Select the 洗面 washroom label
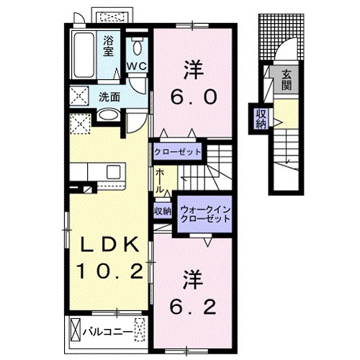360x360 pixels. (x=109, y=95)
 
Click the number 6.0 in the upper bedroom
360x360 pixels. (x=192, y=95)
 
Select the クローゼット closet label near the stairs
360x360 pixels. (x=177, y=153)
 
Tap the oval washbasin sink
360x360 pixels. (x=108, y=116)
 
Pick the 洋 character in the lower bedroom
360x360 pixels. (x=192, y=278)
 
